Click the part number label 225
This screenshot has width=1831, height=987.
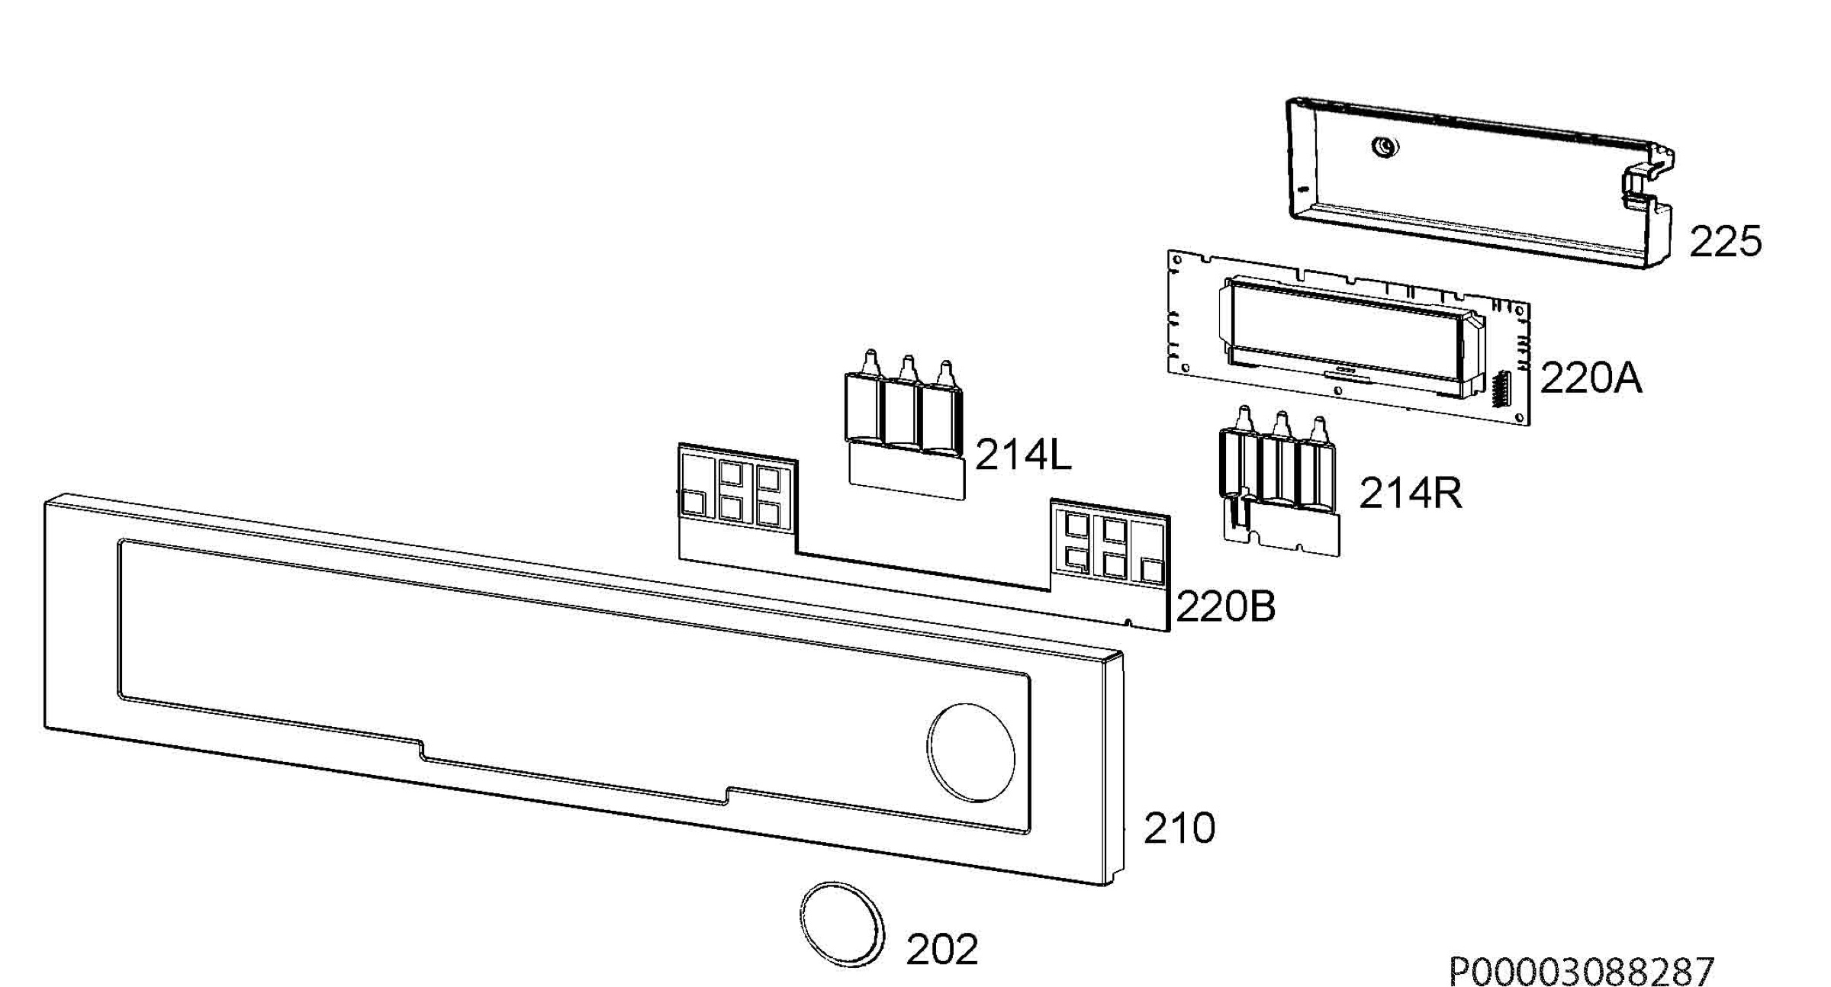coord(1725,242)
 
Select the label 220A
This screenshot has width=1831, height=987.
coord(1591,378)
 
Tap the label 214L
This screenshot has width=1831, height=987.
coord(1023,455)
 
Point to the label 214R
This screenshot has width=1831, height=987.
coord(1410,493)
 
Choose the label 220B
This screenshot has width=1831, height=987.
coord(1225,607)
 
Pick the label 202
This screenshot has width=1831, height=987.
coord(941,949)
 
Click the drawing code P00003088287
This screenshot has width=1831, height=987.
coord(1582,971)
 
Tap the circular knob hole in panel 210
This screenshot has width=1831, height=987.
coord(970,752)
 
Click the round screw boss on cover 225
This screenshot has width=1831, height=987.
coord(1385,146)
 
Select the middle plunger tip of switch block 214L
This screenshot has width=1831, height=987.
coord(907,366)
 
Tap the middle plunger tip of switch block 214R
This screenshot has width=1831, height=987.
coord(1281,423)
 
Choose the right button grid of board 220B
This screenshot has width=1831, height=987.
coord(1109,544)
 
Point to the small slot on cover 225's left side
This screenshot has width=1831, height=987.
coord(1302,189)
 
